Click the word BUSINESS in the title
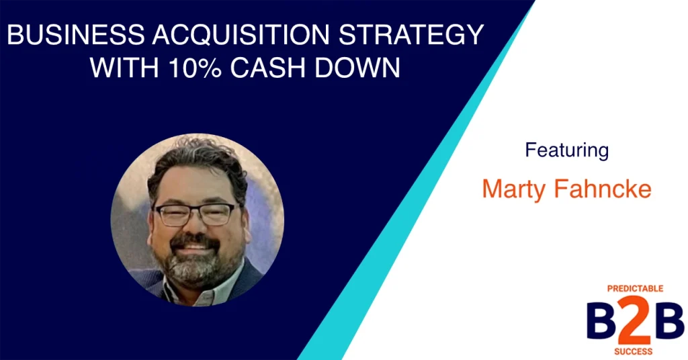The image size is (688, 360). click(76, 35)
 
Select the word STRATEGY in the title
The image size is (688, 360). click(411, 35)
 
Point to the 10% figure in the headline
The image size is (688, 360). click(194, 68)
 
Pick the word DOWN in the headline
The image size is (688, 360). click(357, 68)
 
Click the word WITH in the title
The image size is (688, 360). click(124, 68)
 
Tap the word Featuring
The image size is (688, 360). click(566, 150)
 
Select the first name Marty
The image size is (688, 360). click(514, 189)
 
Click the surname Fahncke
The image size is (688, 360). click(603, 189)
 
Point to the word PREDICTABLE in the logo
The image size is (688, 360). click(635, 289)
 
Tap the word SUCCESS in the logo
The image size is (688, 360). click(633, 352)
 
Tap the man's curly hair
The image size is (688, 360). click(198, 163)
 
